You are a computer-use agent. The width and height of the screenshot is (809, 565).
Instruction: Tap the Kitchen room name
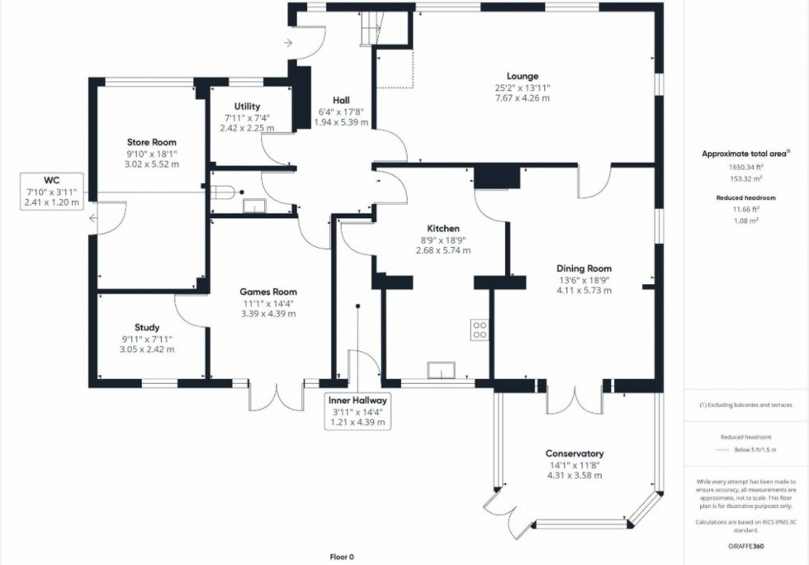pyautogui.click(x=442, y=229)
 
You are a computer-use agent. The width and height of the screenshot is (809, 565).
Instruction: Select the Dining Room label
pyautogui.click(x=584, y=268)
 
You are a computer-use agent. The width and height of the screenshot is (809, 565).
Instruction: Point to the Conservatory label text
pyautogui.click(x=574, y=453)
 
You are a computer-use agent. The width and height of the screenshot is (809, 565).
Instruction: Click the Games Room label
pyautogui.click(x=268, y=292)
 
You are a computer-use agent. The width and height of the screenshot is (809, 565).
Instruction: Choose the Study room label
pyautogui.click(x=148, y=327)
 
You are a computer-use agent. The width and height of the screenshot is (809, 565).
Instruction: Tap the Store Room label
pyautogui.click(x=151, y=142)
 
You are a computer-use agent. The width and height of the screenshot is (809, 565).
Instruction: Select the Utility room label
pyautogui.click(x=247, y=107)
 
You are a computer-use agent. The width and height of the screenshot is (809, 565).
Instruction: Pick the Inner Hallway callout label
pyautogui.click(x=359, y=401)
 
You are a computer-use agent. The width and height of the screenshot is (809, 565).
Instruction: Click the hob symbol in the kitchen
pyautogui.click(x=479, y=330)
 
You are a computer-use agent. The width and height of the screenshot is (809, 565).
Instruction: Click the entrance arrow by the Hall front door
pyautogui.click(x=287, y=43)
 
